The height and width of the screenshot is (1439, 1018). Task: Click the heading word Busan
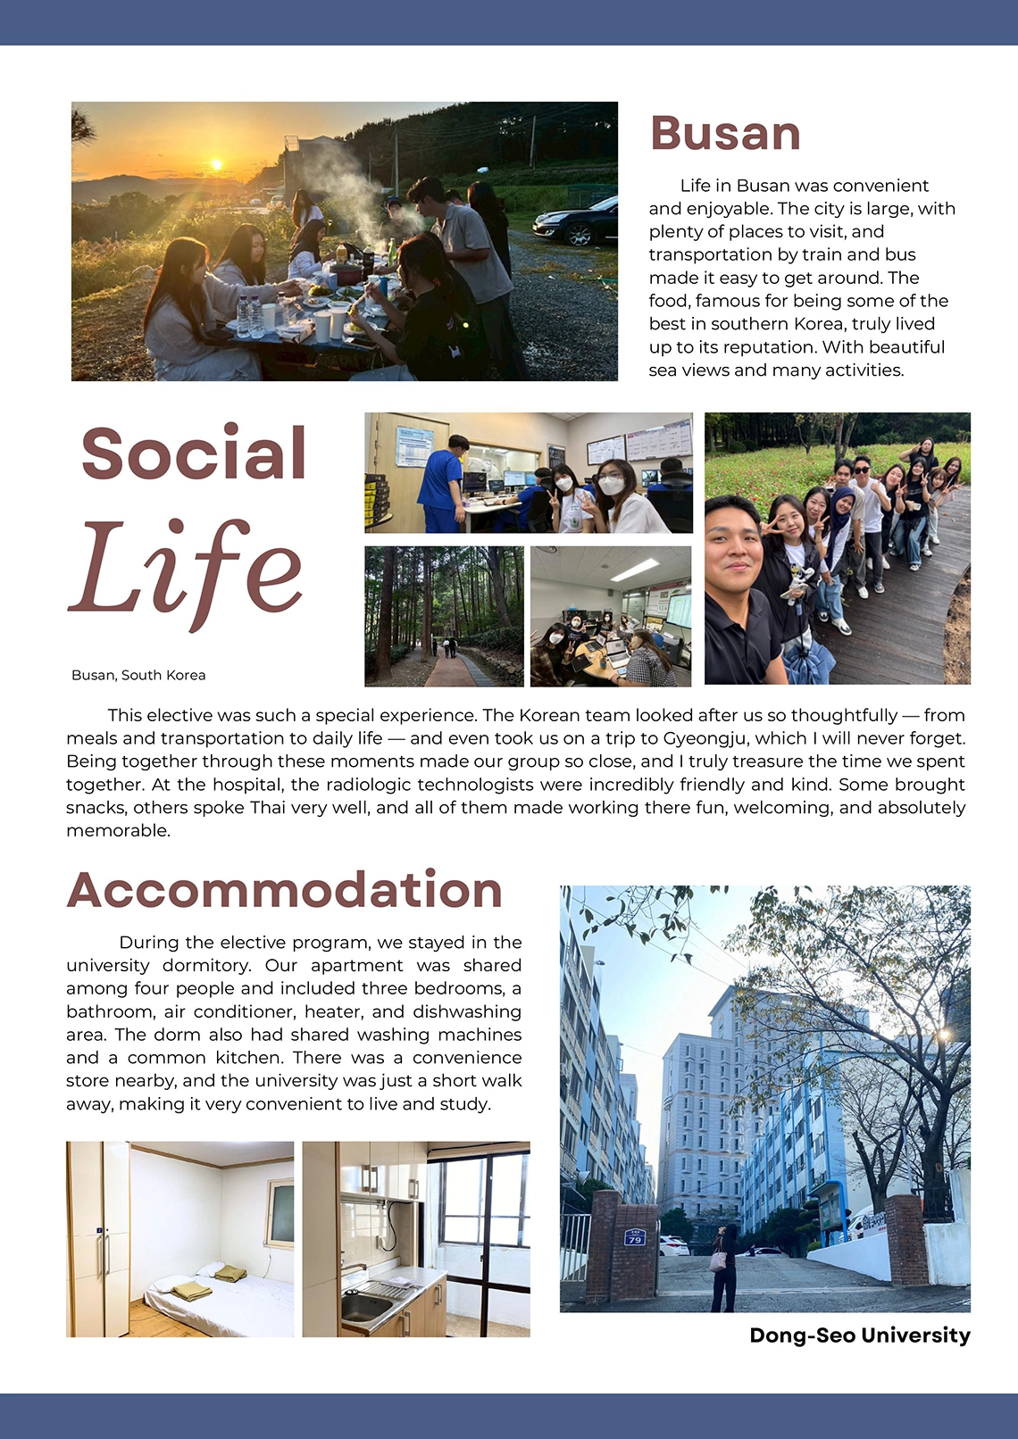[725, 134]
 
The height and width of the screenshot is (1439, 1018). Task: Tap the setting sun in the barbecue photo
[215, 164]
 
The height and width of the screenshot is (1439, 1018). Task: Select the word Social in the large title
[194, 453]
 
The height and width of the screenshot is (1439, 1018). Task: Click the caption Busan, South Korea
[138, 676]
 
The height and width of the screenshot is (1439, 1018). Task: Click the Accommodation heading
[284, 891]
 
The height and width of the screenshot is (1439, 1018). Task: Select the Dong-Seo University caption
[859, 1335]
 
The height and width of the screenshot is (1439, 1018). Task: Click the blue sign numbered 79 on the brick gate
[635, 1237]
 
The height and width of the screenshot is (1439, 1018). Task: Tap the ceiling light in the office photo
[636, 569]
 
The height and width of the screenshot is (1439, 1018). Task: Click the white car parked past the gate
[672, 1244]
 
